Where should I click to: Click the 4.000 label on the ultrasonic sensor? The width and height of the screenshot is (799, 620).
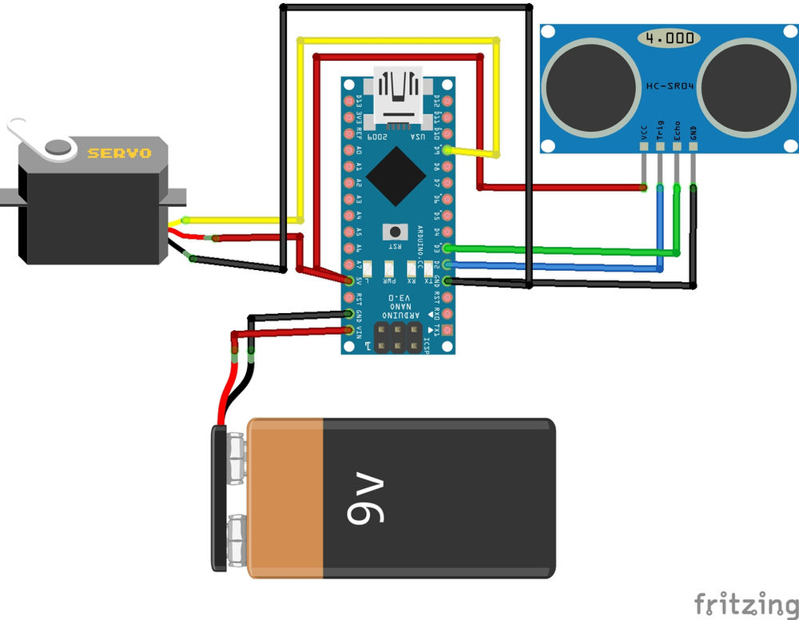(668, 38)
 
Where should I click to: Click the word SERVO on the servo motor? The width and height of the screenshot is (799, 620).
(119, 153)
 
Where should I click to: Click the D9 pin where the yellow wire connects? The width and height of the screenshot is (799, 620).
(447, 150)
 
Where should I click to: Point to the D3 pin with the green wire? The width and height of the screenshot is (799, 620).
(447, 248)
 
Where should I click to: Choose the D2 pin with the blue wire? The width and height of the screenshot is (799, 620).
(447, 264)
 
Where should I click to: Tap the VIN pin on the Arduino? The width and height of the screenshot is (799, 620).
(349, 330)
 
